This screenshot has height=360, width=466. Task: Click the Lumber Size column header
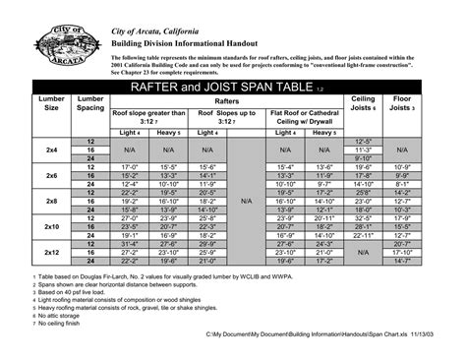pos(52,104)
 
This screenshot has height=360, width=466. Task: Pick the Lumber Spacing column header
pos(90,104)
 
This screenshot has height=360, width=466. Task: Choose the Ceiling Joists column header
pos(363,104)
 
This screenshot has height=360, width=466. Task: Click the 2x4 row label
pos(52,150)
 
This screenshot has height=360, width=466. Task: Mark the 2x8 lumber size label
pos(52,201)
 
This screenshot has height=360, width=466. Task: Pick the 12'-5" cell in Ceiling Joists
pos(363,141)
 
